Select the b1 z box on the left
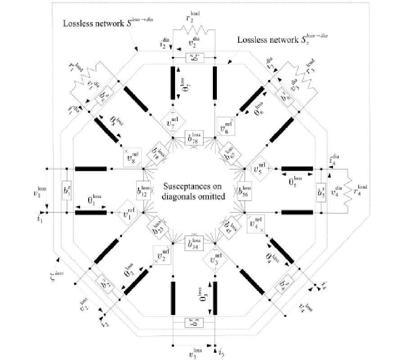pos(67,190)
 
